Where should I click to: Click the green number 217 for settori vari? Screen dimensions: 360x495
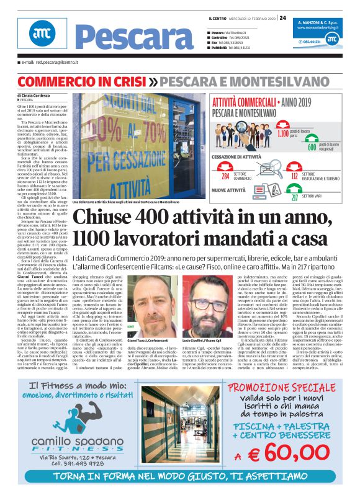click(295, 197)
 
